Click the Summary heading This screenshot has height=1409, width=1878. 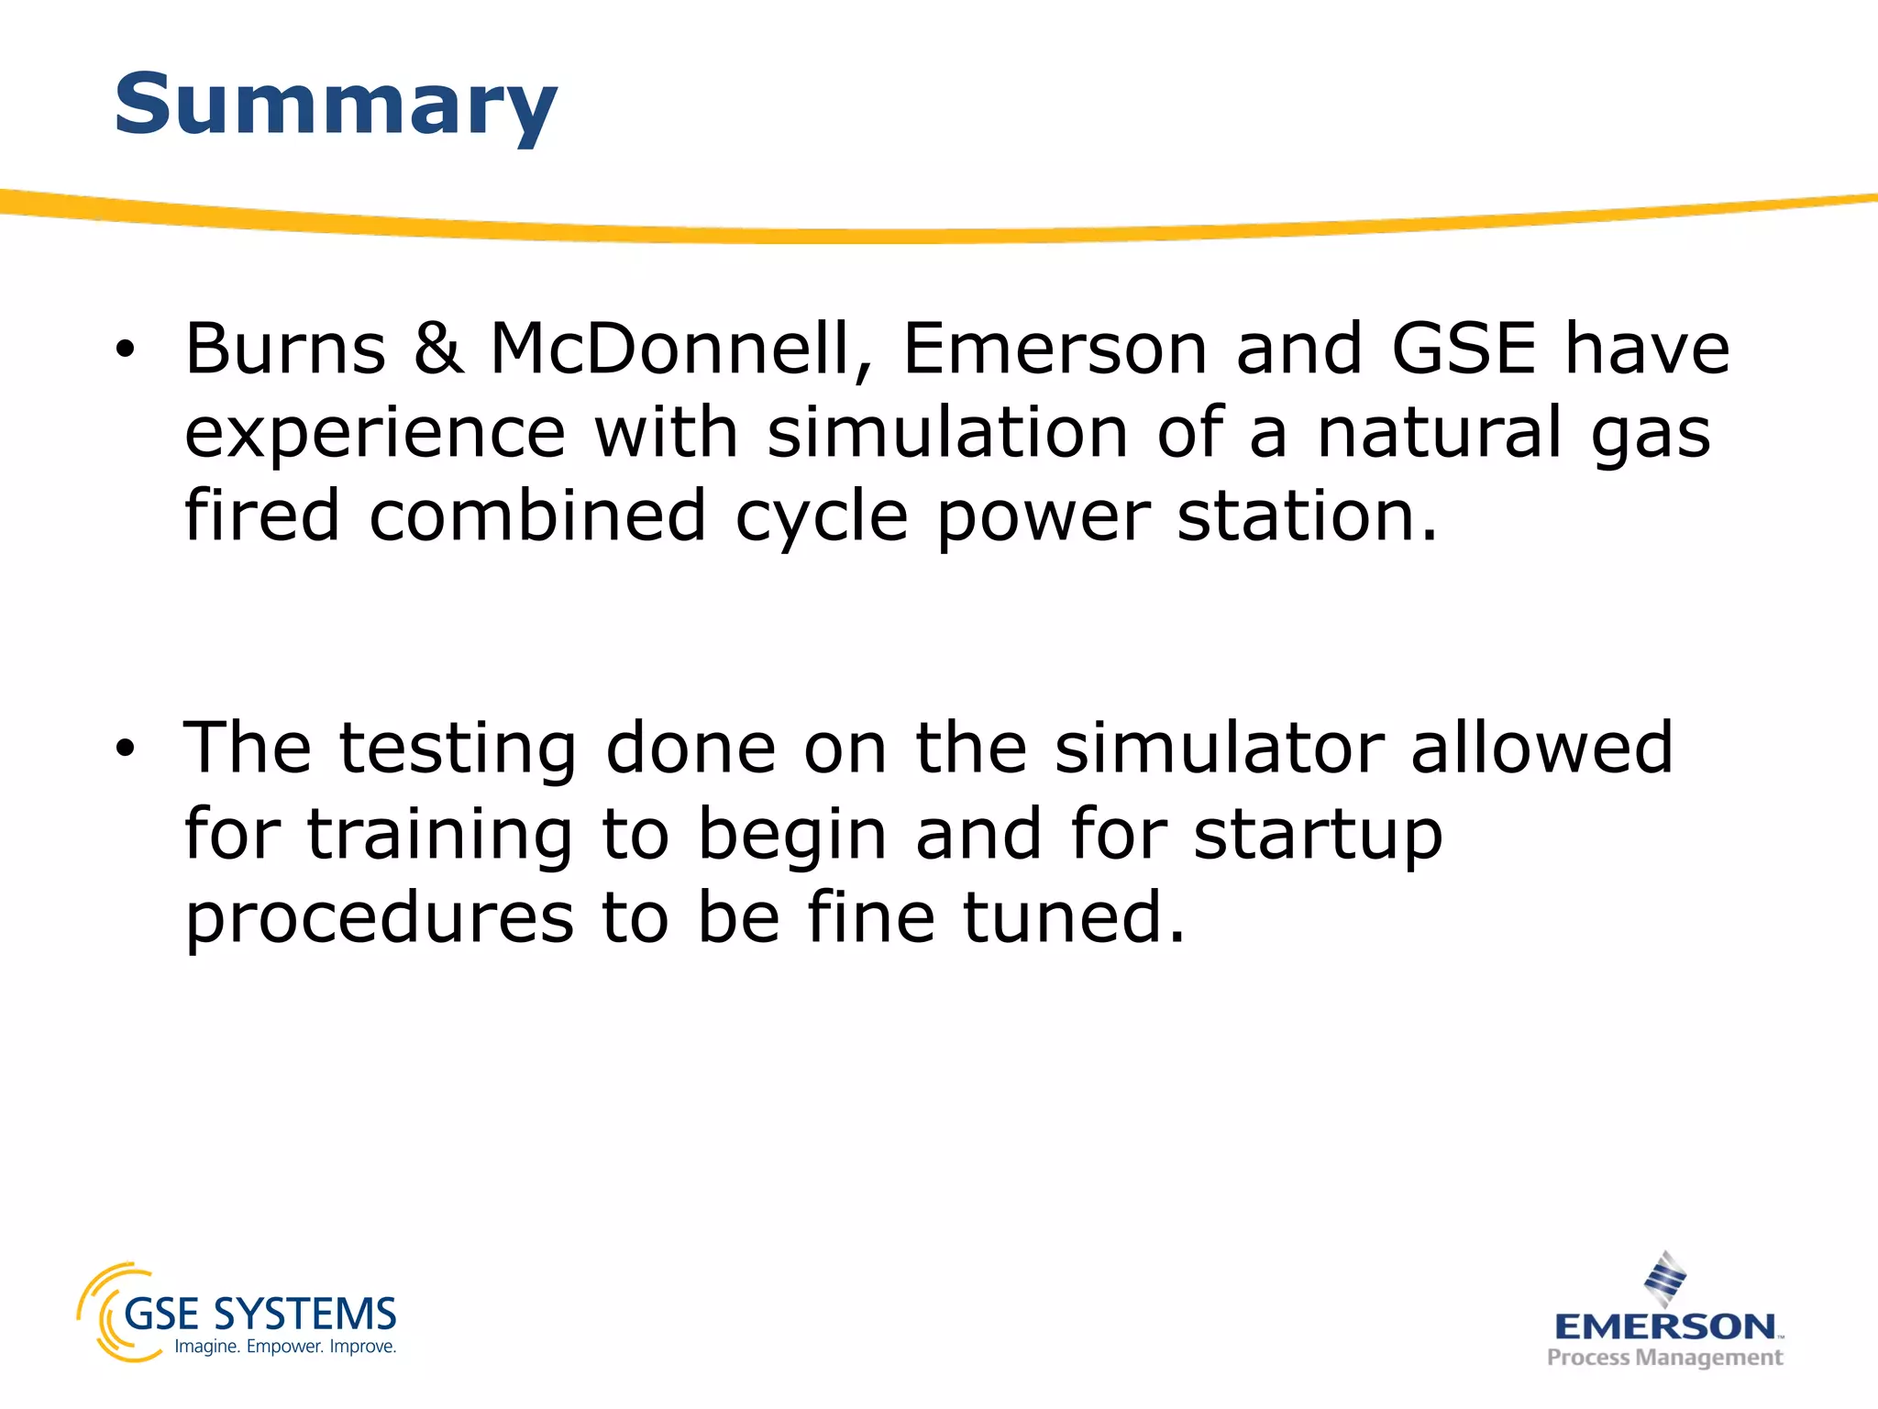click(x=336, y=105)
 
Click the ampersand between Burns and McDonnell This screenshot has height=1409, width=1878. click(x=438, y=349)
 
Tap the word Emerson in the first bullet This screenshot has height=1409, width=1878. click(x=1055, y=349)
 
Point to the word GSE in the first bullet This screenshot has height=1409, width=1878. click(x=1464, y=349)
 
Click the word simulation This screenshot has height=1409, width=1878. click(x=947, y=432)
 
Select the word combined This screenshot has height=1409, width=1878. click(x=537, y=516)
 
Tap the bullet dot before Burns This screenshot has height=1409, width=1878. click(x=125, y=349)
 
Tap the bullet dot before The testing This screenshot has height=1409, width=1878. click(x=125, y=749)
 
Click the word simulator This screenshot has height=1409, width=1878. click(x=1219, y=748)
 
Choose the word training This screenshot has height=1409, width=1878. click(x=439, y=835)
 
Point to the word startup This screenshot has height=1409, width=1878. click(x=1318, y=835)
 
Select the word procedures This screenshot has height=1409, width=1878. click(x=380, y=917)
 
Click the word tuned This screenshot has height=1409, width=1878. click(x=1074, y=917)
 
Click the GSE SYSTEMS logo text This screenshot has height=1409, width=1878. click(x=260, y=1315)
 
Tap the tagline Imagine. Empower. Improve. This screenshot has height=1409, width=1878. click(x=285, y=1347)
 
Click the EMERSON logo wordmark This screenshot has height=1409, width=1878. click(x=1665, y=1326)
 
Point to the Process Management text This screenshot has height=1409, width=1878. click(x=1664, y=1358)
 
